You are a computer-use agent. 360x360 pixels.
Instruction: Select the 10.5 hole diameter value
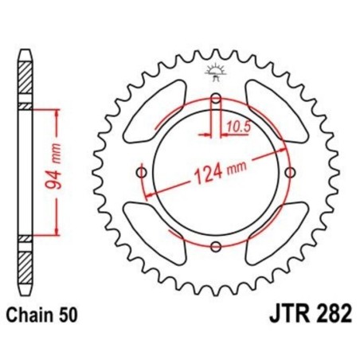[237, 124]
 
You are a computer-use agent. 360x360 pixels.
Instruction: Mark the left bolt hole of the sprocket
[142, 173]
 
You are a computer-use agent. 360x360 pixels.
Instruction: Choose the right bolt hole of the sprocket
[292, 173]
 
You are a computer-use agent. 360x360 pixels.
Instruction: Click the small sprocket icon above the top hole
[217, 72]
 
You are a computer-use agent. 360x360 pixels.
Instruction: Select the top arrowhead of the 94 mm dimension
[56, 112]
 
